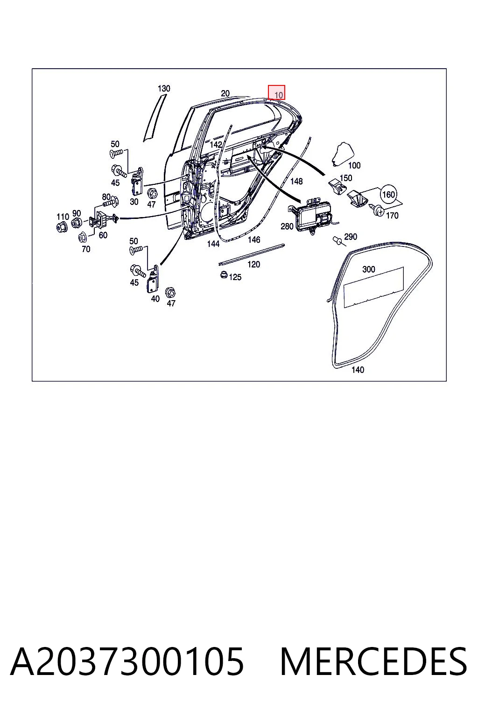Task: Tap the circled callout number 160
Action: [388, 195]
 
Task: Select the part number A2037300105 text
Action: [127, 661]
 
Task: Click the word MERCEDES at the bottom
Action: [373, 661]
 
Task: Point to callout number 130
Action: [163, 88]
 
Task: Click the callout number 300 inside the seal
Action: [368, 269]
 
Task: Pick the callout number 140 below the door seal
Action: [358, 370]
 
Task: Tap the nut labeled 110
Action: [62, 227]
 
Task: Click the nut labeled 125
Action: [224, 274]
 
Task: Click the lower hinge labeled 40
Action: [153, 279]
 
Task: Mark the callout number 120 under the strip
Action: [253, 264]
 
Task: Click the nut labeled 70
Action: [82, 237]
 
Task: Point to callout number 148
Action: [296, 182]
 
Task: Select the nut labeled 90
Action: [76, 223]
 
